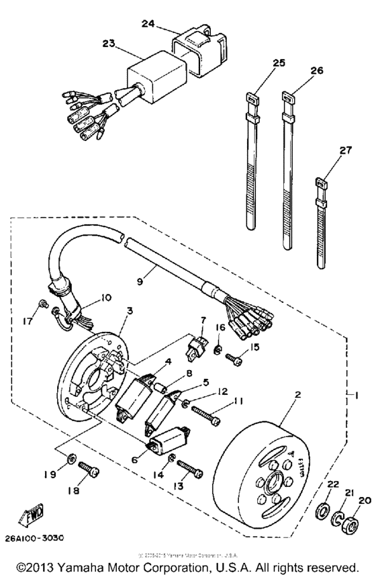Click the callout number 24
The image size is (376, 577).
(x=148, y=23)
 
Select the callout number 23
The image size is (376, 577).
(x=109, y=42)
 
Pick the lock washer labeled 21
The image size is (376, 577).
(x=337, y=517)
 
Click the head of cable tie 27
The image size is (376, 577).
(x=321, y=182)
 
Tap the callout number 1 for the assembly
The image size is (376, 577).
(x=361, y=396)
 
